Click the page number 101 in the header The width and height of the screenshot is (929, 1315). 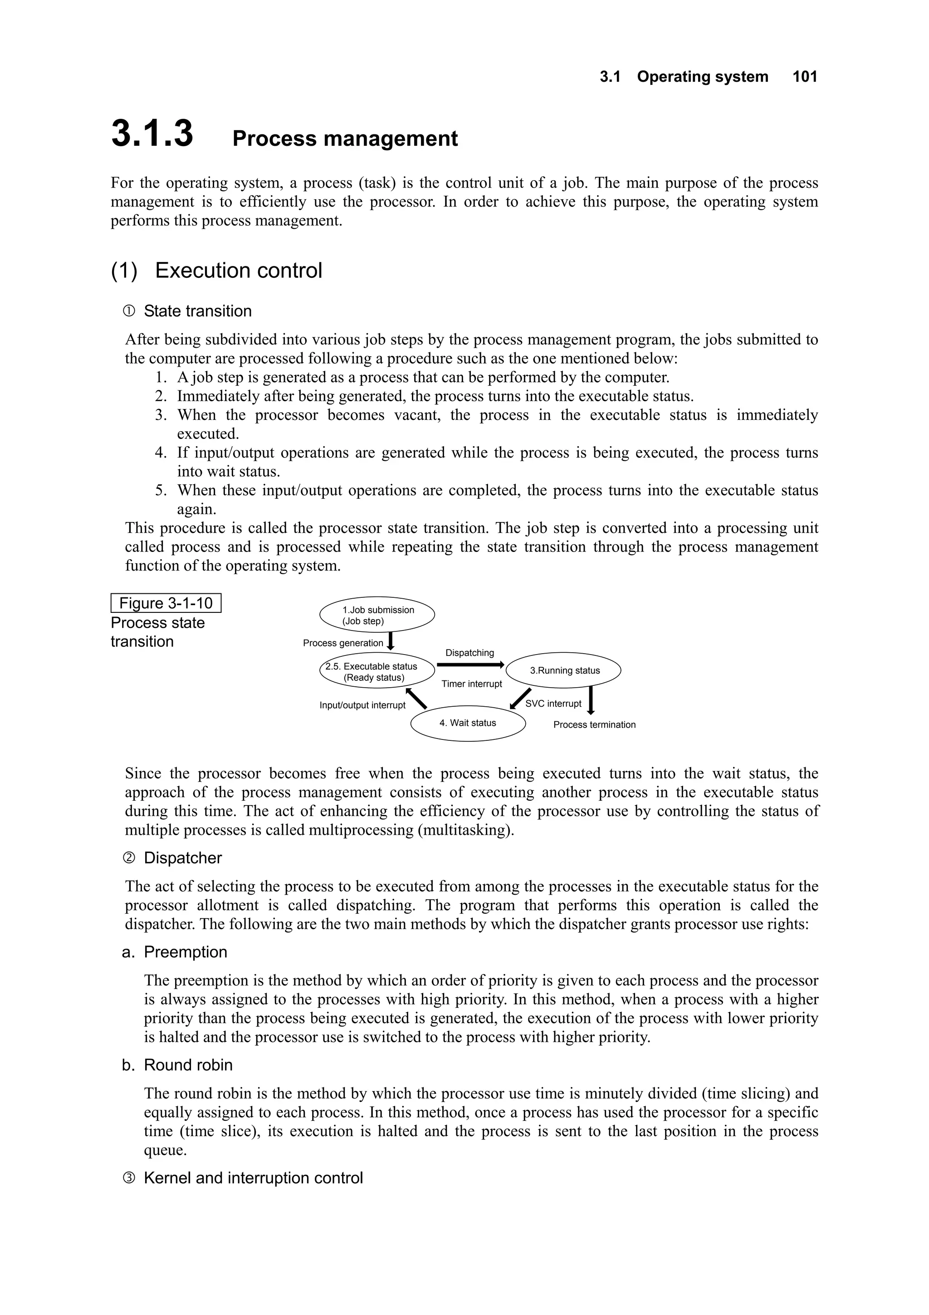point(804,77)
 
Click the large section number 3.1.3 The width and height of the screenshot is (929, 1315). point(152,133)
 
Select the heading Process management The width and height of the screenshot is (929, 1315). point(345,138)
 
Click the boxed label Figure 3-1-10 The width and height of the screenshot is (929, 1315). point(166,603)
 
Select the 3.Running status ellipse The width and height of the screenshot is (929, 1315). point(564,670)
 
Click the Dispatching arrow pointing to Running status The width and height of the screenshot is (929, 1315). point(470,665)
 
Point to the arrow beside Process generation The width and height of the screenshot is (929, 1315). point(391,641)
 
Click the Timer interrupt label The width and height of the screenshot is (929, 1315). point(472,684)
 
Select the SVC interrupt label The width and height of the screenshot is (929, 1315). point(553,704)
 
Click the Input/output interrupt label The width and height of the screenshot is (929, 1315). point(362,705)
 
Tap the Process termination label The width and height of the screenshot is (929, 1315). point(594,724)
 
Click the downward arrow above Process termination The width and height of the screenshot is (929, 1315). point(591,700)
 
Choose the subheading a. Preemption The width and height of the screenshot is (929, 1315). point(175,952)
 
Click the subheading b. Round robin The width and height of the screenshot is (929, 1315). point(177,1065)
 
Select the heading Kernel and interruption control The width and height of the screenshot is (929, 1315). point(253,1177)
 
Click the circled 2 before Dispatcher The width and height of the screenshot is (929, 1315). point(129,858)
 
